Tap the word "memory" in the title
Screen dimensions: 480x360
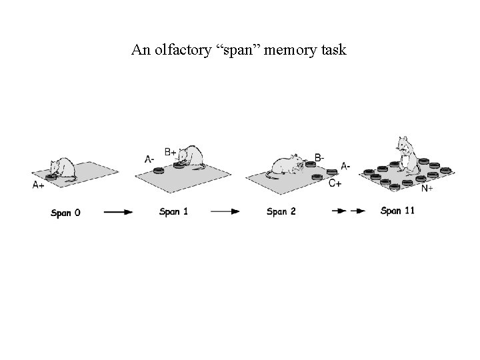pos(287,50)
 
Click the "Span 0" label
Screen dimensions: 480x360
pos(66,213)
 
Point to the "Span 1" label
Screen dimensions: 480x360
pos(174,212)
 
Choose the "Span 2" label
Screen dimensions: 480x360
pos(281,212)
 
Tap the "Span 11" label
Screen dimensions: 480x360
pos(397,211)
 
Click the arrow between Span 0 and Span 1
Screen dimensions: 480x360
pos(118,212)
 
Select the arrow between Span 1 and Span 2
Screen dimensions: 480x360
pos(225,211)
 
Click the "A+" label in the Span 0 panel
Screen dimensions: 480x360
pos(39,185)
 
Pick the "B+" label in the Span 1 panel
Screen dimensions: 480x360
pos(170,151)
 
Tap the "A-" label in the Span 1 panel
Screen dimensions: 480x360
pos(151,159)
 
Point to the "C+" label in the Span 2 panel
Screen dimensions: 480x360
pos(335,183)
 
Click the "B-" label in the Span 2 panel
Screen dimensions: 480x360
pos(320,157)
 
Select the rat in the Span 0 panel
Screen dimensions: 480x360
pos(61,169)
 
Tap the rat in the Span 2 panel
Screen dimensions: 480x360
pos(287,166)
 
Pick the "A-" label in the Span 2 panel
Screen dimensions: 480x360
pos(346,166)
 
